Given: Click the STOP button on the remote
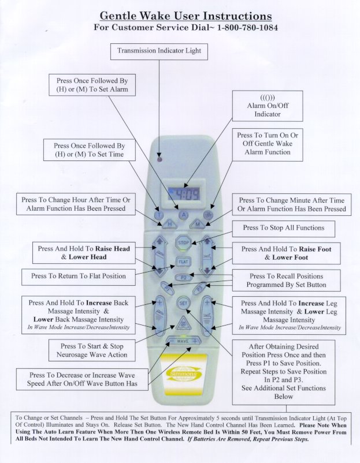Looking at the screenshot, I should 184,242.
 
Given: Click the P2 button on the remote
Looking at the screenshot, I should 184,278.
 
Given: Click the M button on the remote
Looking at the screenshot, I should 198,223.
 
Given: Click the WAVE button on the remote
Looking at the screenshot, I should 183,342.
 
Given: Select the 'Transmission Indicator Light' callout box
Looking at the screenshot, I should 159,51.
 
